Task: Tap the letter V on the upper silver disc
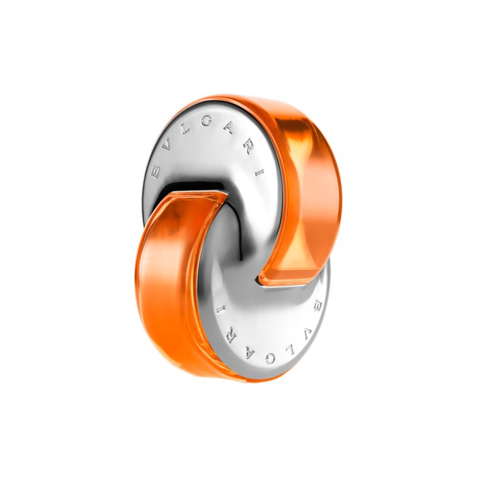coord(166,146)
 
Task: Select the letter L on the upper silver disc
coord(185,129)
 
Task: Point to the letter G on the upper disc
coord(206,121)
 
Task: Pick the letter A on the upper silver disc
coord(229,127)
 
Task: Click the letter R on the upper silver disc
coord(248,147)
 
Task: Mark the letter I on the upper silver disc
coord(259,173)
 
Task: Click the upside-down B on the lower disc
coord(317,305)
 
